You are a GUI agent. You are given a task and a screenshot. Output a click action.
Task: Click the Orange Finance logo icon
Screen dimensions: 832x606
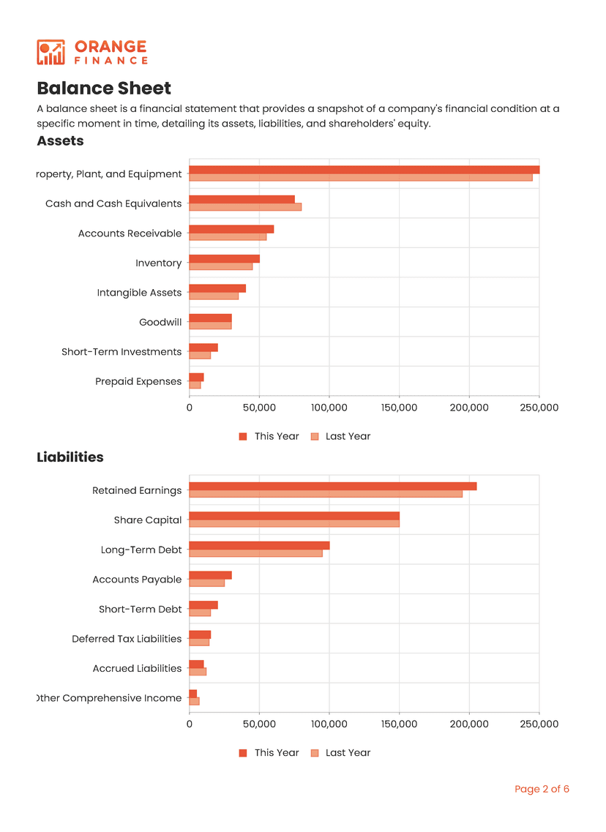click(x=50, y=52)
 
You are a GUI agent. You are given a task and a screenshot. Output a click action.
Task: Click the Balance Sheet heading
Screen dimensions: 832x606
click(x=104, y=89)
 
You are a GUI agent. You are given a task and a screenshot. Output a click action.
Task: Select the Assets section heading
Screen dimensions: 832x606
click(x=60, y=140)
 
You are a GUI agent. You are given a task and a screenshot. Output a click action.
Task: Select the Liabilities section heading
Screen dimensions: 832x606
click(x=70, y=457)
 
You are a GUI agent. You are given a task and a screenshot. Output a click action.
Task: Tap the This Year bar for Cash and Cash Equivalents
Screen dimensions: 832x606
click(x=242, y=199)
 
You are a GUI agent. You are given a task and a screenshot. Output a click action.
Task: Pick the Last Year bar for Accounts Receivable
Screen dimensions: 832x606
click(x=228, y=237)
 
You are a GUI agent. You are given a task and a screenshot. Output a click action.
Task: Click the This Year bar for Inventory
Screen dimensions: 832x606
click(x=224, y=258)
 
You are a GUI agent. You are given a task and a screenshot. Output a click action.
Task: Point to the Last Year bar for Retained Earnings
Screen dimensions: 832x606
click(x=326, y=494)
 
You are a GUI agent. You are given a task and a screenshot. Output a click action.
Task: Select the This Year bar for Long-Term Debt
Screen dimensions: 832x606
click(x=259, y=545)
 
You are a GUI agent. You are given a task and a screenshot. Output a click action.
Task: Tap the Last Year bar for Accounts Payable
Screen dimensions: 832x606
click(x=207, y=583)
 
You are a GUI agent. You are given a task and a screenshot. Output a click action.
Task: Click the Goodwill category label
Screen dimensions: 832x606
click(x=160, y=322)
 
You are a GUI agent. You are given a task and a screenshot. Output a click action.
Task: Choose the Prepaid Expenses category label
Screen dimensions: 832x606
click(x=138, y=381)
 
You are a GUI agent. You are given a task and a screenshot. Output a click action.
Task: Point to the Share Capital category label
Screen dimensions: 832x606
click(x=148, y=520)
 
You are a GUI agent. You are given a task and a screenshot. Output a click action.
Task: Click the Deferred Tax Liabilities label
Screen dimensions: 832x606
click(x=127, y=639)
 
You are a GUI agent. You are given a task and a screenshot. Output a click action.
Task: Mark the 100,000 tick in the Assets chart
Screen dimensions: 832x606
click(x=329, y=407)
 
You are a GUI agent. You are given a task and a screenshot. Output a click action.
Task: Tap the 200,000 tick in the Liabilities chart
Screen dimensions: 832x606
click(x=469, y=724)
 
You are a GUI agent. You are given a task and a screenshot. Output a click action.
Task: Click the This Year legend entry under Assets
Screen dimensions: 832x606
click(x=269, y=436)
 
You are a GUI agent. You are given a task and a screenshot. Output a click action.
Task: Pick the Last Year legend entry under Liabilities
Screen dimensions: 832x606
click(x=340, y=752)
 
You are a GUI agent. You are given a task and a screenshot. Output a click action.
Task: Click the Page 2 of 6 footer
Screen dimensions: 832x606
click(x=542, y=789)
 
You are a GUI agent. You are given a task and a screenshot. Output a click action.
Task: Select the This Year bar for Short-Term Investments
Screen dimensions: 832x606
click(x=203, y=348)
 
